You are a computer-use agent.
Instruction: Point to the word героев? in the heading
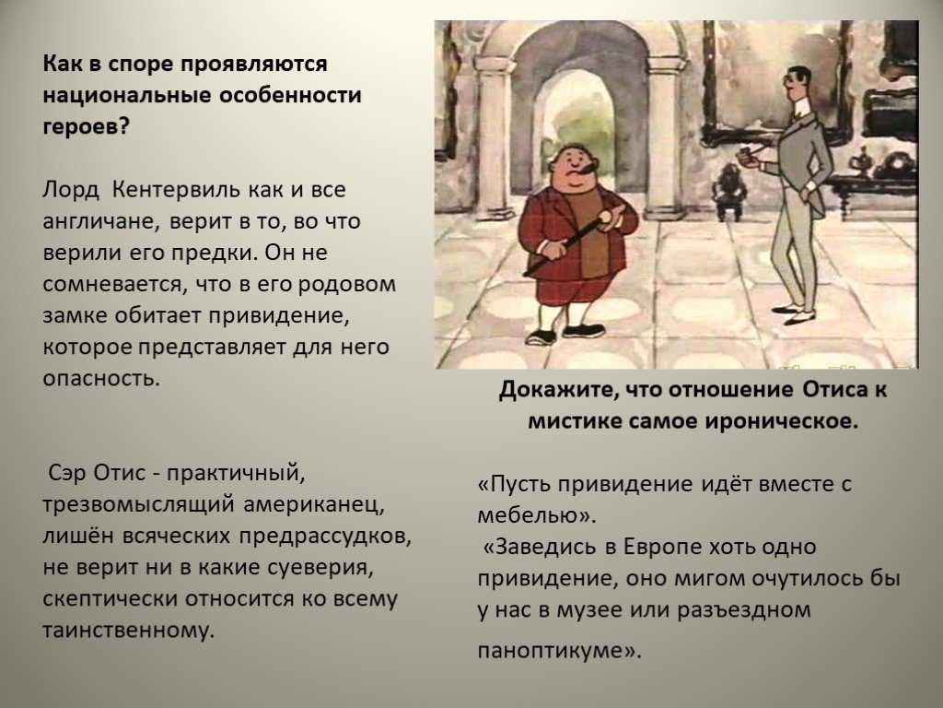coord(86,127)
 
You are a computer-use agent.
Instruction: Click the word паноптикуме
coord(553,651)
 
